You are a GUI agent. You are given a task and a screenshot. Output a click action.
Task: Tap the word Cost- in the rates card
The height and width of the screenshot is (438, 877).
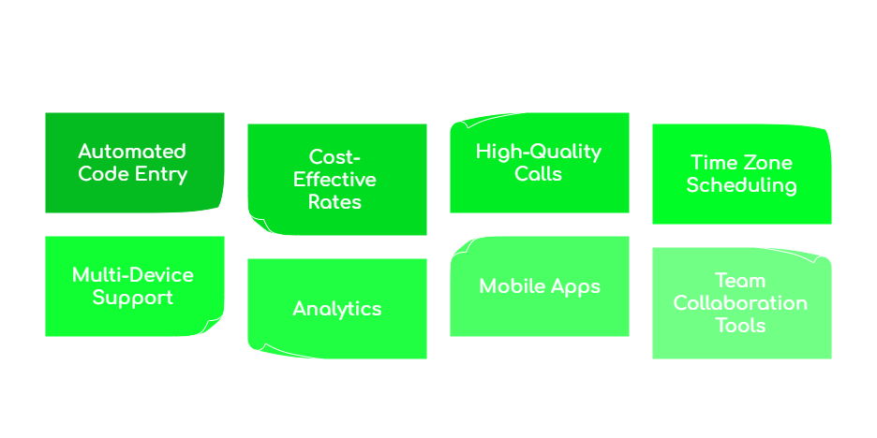coord(334,157)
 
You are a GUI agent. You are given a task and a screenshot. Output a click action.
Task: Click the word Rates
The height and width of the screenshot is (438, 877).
coord(334,202)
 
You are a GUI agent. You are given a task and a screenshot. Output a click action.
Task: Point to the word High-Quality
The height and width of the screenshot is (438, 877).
coord(539,152)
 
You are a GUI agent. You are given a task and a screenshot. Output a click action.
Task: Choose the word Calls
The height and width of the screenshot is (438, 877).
coord(539,174)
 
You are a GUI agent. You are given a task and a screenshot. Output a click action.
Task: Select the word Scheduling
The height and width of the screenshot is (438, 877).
coord(741,185)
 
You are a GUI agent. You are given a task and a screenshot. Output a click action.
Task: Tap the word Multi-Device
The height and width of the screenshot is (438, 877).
coord(133,275)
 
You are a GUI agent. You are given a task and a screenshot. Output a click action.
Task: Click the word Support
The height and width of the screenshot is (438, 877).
coord(133,298)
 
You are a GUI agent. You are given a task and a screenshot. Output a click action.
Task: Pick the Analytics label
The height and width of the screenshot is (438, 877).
coord(337,309)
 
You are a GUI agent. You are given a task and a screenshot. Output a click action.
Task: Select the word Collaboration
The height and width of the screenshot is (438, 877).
coord(740,303)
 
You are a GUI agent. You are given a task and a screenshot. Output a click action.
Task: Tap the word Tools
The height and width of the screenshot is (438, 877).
coord(740,326)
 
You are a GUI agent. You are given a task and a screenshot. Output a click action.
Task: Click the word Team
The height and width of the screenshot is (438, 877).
coord(740,281)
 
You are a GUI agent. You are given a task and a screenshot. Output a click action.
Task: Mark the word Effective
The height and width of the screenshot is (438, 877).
coord(334,180)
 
